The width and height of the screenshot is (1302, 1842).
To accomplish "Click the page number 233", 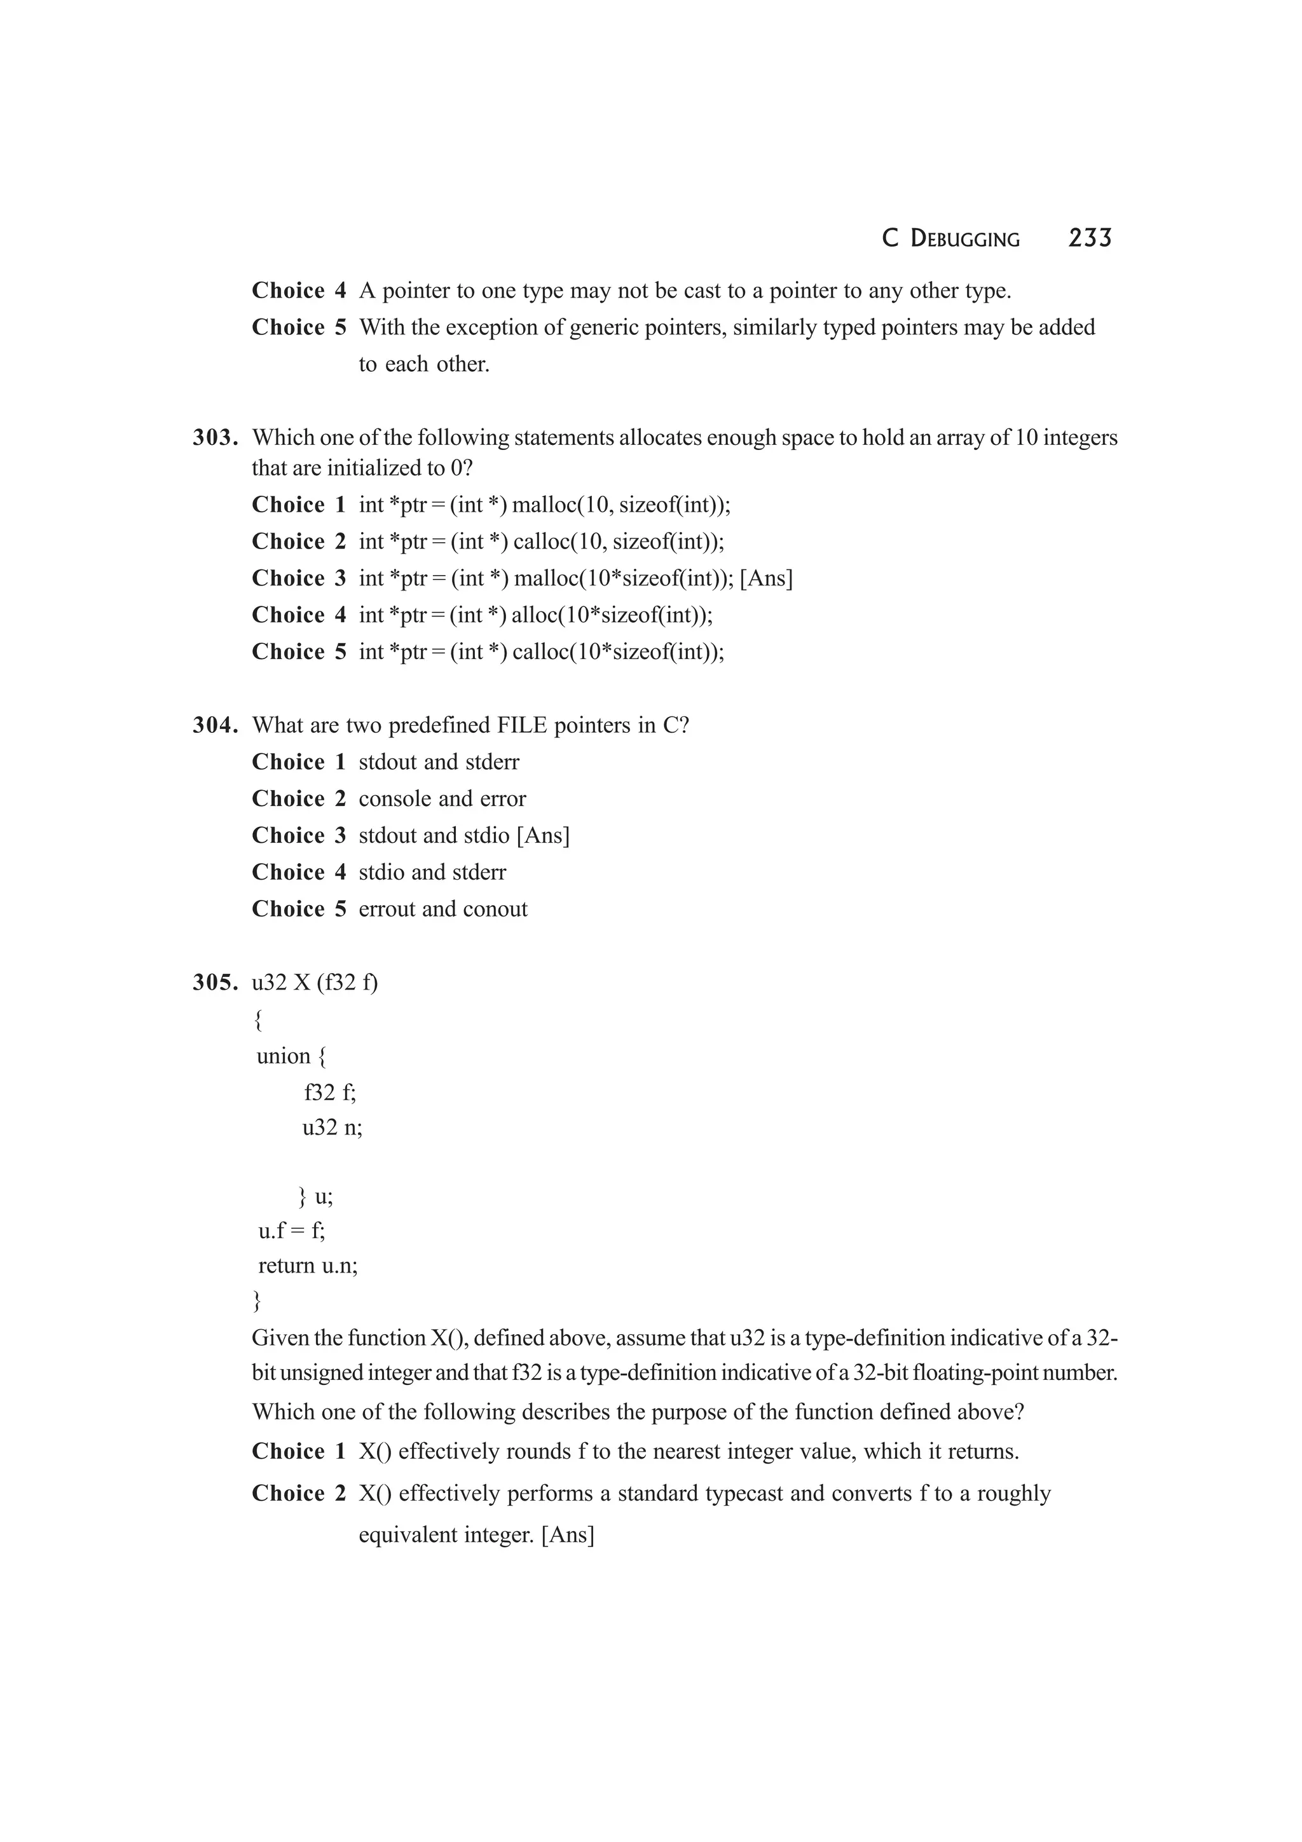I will [x=1090, y=238].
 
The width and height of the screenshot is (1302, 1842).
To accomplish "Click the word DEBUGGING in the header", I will [x=965, y=239].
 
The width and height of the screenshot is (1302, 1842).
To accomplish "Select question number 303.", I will [x=216, y=438].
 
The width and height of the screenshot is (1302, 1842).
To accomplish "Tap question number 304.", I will [x=216, y=725].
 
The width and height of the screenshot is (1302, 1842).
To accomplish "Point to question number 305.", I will [x=216, y=983].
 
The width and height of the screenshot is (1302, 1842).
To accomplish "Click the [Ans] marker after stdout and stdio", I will [x=543, y=836].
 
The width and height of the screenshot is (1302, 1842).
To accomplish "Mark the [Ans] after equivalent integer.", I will [x=568, y=1535].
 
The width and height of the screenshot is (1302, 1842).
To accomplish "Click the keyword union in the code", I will [x=283, y=1056].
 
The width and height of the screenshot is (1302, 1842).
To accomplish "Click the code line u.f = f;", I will [x=292, y=1230].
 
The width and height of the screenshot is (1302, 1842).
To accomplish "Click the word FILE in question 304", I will [x=521, y=725].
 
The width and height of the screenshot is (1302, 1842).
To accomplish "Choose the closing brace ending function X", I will [x=257, y=1300].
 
